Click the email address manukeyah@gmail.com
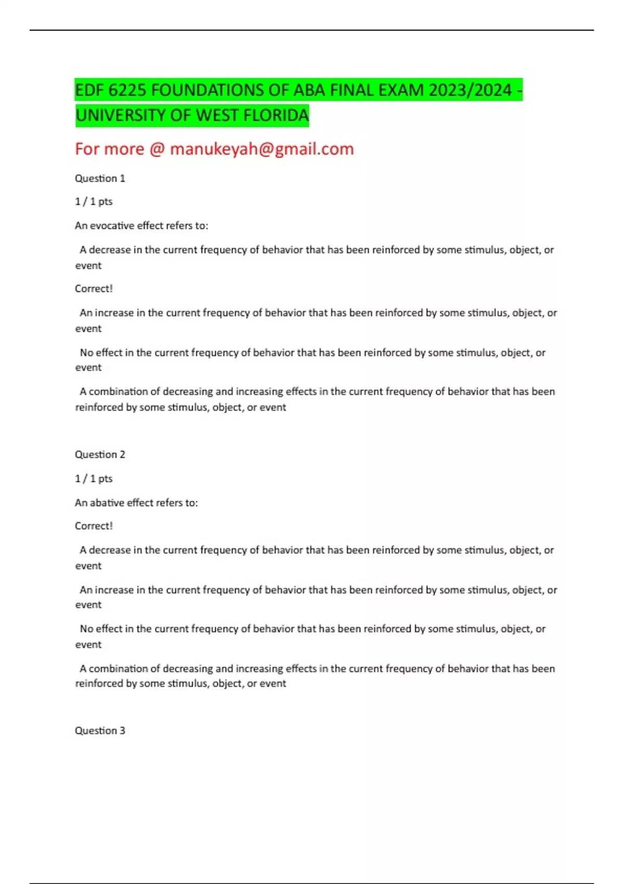click(x=262, y=149)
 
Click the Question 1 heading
click(x=100, y=178)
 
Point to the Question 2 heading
click(x=100, y=454)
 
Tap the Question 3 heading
click(x=100, y=731)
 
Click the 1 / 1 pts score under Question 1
click(x=94, y=202)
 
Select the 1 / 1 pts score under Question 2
click(x=94, y=478)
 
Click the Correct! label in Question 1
click(x=94, y=289)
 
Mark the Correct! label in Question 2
click(x=94, y=526)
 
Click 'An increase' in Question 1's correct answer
click(x=106, y=313)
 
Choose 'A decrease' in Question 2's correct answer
click(x=105, y=550)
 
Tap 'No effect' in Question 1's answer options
click(x=101, y=353)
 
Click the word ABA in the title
click(x=310, y=90)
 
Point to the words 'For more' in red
click(x=109, y=149)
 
